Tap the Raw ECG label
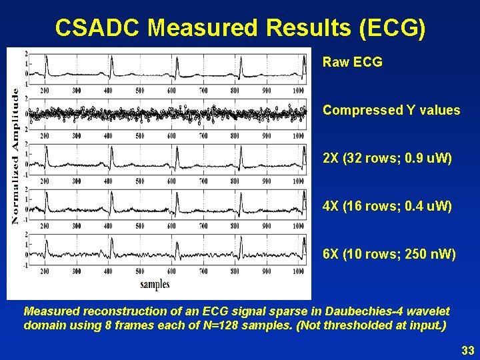tap(352, 62)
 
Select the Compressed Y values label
tap(391, 110)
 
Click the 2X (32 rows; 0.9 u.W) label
tap(387, 159)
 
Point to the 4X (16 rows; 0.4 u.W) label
tap(387, 207)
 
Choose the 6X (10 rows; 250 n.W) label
tap(389, 254)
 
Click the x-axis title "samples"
tap(155, 285)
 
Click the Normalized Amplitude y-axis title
tap(15, 157)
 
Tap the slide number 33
tap(467, 349)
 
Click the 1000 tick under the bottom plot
tap(298, 271)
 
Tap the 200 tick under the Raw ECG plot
tap(44, 90)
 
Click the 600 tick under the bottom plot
tap(171, 271)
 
